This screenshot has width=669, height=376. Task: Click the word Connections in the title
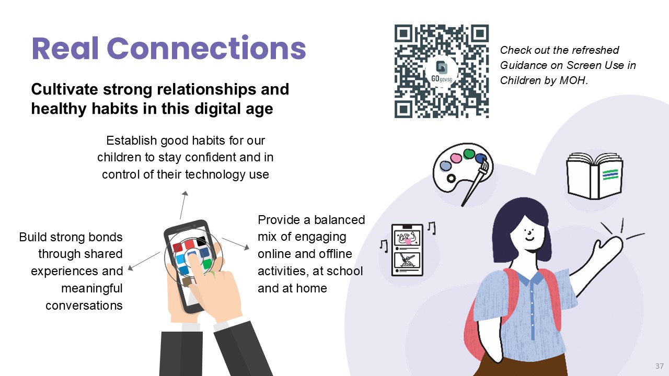pos(206,49)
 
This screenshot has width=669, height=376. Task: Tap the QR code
pos(442,71)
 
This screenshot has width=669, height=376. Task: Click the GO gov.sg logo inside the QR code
pos(442,71)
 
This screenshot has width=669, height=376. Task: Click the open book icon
pos(594,176)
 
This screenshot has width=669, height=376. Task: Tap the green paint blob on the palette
pos(469,154)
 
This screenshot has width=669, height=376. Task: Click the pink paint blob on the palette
pos(456,158)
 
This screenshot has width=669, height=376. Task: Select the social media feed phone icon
pos(407,250)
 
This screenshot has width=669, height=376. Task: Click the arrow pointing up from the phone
pos(183,205)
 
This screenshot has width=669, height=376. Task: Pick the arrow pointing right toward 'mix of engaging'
pos(235,244)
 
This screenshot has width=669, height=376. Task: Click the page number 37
pos(660,366)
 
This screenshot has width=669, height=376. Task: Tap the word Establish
pos(131,140)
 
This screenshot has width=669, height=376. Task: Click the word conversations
pos(84,305)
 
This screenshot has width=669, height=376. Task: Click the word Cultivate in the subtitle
pos(64,89)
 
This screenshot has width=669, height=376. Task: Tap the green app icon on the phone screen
pos(206,264)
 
